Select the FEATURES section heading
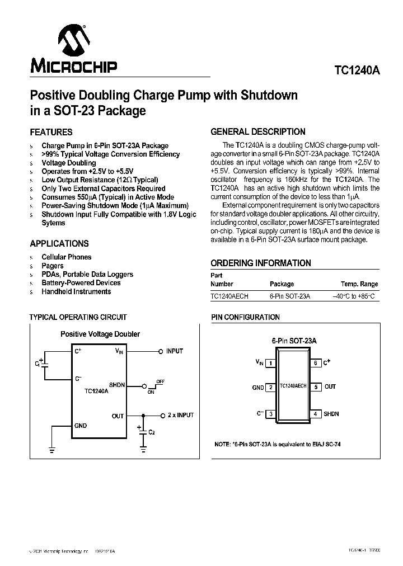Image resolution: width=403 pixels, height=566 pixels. pos(51,133)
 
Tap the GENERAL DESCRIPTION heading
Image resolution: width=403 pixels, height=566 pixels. pos(258,132)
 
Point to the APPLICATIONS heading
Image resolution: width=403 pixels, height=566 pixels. pos(59,244)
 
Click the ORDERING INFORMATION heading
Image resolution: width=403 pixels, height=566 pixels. pos(261,263)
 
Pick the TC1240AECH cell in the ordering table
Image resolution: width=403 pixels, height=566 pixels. pos(229,296)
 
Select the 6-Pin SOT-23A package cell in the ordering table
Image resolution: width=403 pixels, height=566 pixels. pos(289,296)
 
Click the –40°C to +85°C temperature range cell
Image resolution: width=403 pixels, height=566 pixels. pos(355,296)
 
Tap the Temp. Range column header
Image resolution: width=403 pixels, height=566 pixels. pos(359,284)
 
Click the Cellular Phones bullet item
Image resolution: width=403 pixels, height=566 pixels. pos(67,257)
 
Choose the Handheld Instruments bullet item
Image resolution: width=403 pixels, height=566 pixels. pos(76,291)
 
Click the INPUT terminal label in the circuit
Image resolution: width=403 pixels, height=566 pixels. pos(175,351)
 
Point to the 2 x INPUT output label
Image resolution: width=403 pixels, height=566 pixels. pos(181,415)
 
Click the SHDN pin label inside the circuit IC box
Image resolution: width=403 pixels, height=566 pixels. pos(117,385)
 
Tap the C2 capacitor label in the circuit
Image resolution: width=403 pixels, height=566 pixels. pos(151,432)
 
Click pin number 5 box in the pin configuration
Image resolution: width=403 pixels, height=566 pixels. pos(316,386)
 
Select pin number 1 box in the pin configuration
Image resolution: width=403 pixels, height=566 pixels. pos(271,363)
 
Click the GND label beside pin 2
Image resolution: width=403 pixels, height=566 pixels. pos(257,387)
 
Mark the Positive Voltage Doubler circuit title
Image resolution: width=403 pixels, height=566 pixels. pos(100,334)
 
